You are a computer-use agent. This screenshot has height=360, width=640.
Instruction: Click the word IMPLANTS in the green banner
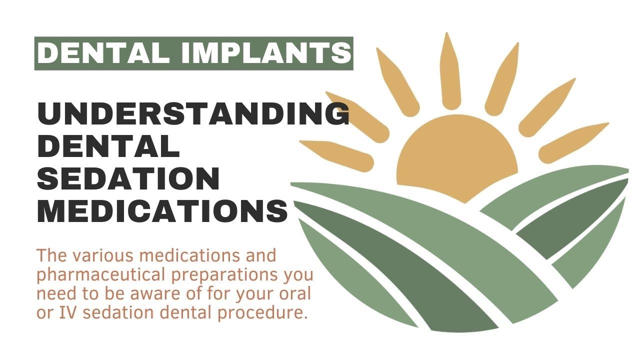pos(265,53)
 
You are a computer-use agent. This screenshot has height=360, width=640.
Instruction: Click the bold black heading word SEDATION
pos(128,178)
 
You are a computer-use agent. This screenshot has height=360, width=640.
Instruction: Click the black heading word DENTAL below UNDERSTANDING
pos(108,147)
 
